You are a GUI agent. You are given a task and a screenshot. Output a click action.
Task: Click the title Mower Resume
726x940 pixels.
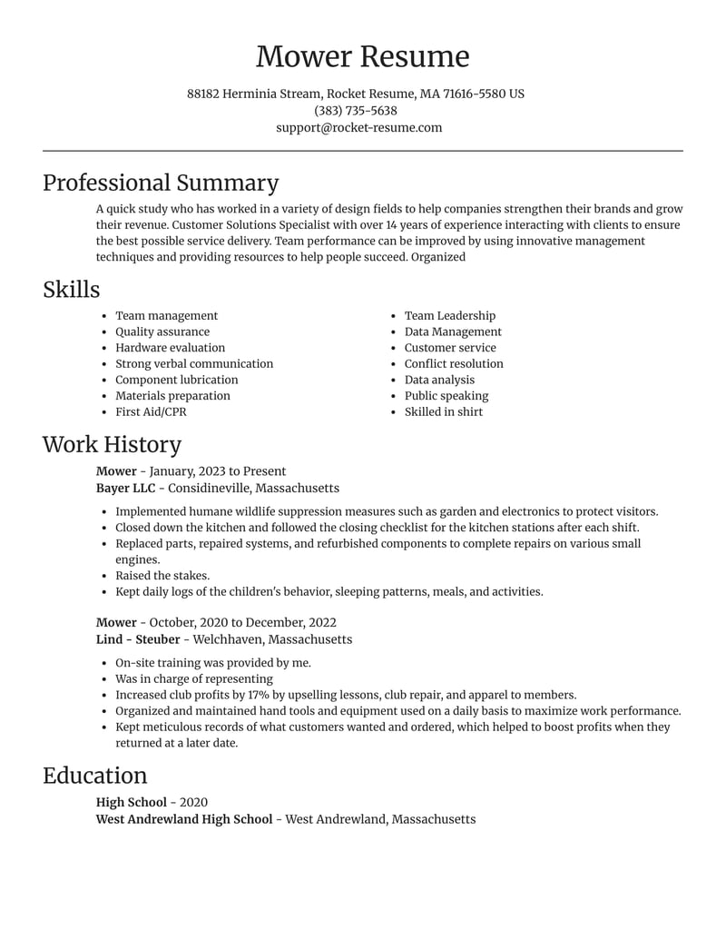click(x=362, y=56)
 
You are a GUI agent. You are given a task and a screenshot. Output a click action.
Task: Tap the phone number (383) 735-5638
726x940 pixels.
click(x=356, y=111)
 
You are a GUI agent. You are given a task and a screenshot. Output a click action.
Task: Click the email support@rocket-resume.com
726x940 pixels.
click(x=359, y=127)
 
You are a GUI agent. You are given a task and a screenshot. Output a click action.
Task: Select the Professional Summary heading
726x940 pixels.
click(x=161, y=183)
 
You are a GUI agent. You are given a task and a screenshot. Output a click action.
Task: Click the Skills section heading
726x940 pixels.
click(x=71, y=290)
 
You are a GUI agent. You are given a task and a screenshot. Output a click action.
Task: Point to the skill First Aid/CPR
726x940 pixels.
click(x=151, y=411)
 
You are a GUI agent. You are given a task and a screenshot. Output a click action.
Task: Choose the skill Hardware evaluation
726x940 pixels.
click(x=170, y=348)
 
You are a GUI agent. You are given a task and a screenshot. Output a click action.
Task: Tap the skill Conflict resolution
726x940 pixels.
click(x=454, y=363)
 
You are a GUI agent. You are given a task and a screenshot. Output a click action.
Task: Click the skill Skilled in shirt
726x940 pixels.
click(x=444, y=411)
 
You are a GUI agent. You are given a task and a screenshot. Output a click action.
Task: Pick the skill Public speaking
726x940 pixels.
click(x=446, y=396)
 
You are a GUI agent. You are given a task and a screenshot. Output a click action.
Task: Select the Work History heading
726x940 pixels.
click(x=112, y=444)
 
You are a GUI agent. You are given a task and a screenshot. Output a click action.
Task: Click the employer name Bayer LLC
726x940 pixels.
click(x=125, y=488)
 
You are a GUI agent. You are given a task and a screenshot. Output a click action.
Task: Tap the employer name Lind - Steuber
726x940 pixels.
click(x=138, y=639)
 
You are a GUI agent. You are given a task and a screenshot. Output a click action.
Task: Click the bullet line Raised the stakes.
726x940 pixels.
click(x=162, y=576)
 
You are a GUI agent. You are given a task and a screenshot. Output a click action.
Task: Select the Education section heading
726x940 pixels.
click(x=94, y=776)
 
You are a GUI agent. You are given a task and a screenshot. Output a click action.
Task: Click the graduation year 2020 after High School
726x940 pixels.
click(x=193, y=802)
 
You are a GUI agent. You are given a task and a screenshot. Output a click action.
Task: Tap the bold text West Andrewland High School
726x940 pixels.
click(x=184, y=818)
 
